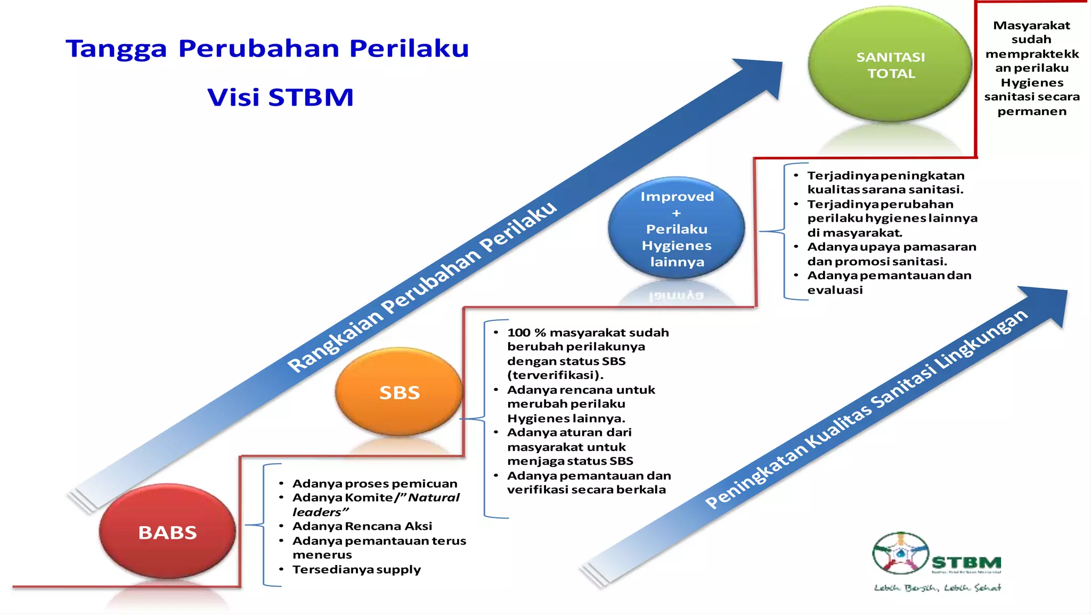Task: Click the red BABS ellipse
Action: [x=167, y=531]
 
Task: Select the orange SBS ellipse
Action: [x=399, y=392]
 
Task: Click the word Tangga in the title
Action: [x=116, y=49]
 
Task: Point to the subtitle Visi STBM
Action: [x=280, y=98]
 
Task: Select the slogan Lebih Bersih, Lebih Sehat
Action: [x=938, y=588]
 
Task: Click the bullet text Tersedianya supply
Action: [x=356, y=569]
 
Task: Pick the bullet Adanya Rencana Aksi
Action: [x=362, y=526]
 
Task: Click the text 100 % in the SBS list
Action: [x=526, y=333]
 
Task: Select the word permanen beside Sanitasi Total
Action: [x=1032, y=111]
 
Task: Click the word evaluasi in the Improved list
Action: [x=835, y=290]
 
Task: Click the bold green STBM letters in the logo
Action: [x=966, y=563]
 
